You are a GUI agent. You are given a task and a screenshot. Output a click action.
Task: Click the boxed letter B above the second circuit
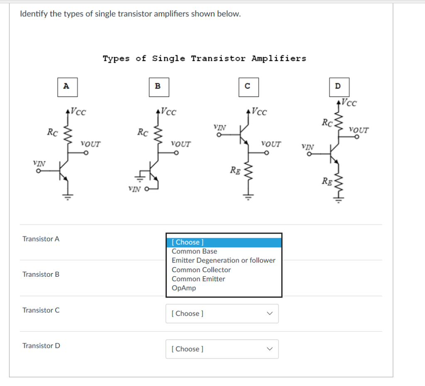157,86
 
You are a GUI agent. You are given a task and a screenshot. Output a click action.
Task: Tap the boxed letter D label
337,86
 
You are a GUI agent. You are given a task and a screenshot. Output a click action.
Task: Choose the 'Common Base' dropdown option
194,251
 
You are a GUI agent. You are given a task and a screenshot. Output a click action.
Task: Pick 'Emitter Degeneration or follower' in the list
223,261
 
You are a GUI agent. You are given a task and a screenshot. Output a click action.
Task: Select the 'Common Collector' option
201,270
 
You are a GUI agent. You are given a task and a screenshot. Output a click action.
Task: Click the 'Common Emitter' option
198,279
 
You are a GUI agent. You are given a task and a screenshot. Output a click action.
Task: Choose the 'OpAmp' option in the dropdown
183,288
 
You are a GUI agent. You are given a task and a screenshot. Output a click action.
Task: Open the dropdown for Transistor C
222,314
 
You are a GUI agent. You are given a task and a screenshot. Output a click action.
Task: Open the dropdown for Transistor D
222,349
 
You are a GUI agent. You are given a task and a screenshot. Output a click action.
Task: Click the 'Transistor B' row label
41,274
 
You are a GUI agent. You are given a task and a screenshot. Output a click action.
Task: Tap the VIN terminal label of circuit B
135,189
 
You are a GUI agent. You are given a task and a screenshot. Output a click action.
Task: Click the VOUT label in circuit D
359,129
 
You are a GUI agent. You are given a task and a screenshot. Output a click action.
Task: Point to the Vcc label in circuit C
259,112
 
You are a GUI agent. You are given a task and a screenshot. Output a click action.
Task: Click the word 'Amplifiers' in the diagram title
278,59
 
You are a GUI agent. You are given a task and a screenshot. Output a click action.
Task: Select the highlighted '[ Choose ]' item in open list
224,242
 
